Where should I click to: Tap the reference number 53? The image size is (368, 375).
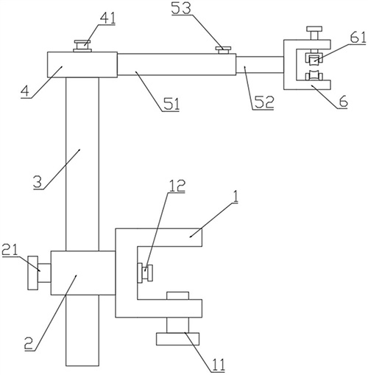181,9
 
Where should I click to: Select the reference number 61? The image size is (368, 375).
358,38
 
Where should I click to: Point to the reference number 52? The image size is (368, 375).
263,102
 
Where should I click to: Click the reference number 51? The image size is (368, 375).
171,105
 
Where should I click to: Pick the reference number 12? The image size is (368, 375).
177,186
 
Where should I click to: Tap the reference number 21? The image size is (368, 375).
10,250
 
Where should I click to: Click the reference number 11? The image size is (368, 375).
217,365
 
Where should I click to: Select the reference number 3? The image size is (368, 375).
38,183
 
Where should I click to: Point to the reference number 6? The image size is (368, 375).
343,101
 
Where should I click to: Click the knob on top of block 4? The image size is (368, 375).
82,46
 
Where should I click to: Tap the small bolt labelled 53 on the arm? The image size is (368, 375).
223,50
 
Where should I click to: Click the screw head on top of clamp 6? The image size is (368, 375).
314,33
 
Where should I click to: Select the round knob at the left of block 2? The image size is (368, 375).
33,273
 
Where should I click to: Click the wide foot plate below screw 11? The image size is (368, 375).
178,339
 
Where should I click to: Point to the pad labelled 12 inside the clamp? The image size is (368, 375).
145,273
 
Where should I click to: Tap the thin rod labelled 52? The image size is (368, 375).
260,65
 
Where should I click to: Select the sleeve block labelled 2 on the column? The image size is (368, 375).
83,273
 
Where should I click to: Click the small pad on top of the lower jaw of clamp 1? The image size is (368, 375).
178,295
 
